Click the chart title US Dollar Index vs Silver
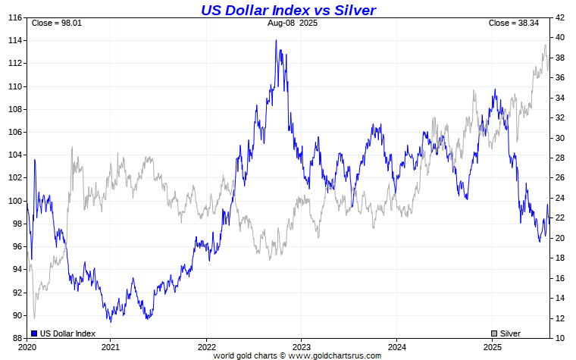click(288, 10)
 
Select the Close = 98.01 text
click(56, 23)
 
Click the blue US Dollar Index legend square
click(35, 333)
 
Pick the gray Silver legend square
click(494, 333)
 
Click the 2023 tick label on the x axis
click(302, 346)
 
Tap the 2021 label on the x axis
click(111, 346)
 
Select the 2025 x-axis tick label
click(493, 346)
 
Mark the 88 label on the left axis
click(15, 338)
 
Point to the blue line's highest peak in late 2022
click(276, 40)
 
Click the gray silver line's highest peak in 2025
click(545, 45)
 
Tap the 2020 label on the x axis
click(27, 346)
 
